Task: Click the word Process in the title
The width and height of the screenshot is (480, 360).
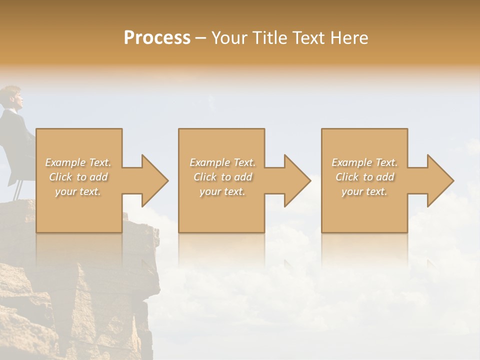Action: pyautogui.click(x=157, y=37)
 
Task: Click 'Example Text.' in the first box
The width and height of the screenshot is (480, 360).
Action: pyautogui.click(x=78, y=162)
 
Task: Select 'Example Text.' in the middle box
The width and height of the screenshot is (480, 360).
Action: pyautogui.click(x=222, y=162)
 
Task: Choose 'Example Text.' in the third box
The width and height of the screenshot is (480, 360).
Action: pyautogui.click(x=364, y=162)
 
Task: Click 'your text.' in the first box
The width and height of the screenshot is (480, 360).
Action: pyautogui.click(x=78, y=191)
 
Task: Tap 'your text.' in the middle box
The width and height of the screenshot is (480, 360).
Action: pyautogui.click(x=222, y=191)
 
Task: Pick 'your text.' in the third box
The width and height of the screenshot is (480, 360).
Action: pyautogui.click(x=364, y=191)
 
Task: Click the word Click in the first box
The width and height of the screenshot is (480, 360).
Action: pyautogui.click(x=60, y=177)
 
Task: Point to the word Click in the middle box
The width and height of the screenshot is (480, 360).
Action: pyautogui.click(x=205, y=177)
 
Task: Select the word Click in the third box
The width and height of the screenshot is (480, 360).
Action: pyautogui.click(x=347, y=177)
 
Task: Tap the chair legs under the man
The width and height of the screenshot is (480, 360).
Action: pyautogui.click(x=18, y=189)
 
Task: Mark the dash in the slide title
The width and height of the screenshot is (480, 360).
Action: pyautogui.click(x=201, y=38)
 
